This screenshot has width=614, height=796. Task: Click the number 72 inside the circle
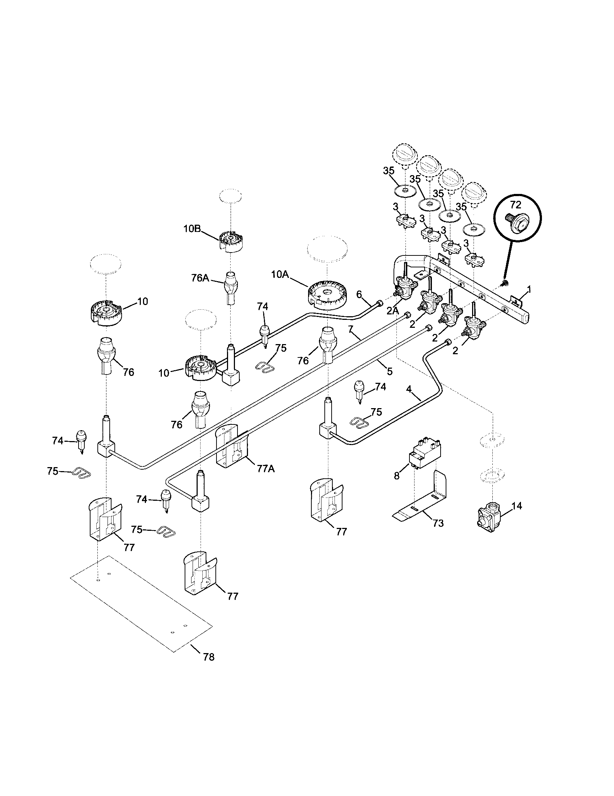516,204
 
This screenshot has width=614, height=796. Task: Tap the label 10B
192,229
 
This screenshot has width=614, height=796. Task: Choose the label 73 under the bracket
438,524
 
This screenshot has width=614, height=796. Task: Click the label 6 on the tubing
358,294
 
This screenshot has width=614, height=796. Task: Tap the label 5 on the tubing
390,371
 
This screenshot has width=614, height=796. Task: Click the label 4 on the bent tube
409,389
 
